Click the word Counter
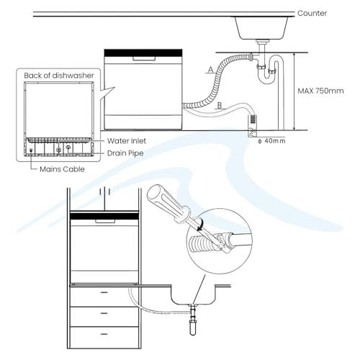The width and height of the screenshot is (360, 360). pyautogui.click(x=312, y=13)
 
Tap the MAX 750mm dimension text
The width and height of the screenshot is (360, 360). pyautogui.click(x=320, y=91)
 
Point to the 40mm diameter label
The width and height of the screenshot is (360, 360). pyautogui.click(x=271, y=141)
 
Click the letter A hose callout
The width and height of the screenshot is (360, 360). pyautogui.click(x=210, y=70)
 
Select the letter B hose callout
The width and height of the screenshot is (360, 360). pyautogui.click(x=220, y=105)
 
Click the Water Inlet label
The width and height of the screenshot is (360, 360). pyautogui.click(x=127, y=141)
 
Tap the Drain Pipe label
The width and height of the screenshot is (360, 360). pyautogui.click(x=125, y=153)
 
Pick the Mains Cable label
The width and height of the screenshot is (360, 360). pyautogui.click(x=62, y=169)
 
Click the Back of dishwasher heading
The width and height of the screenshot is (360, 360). pyautogui.click(x=59, y=76)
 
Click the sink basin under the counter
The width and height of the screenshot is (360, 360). pyautogui.click(x=261, y=28)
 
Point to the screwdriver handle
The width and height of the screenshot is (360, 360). pyautogui.click(x=168, y=203)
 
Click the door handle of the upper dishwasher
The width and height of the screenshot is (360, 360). pyautogui.click(x=144, y=58)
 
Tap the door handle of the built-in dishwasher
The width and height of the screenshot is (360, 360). pyautogui.click(x=104, y=221)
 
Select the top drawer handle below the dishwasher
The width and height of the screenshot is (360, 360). pyautogui.click(x=104, y=292)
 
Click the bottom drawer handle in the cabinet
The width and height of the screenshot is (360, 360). pyautogui.click(x=104, y=334)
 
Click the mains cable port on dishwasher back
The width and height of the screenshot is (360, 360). pyautogui.click(x=31, y=150)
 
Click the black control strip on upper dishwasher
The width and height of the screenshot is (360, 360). pyautogui.click(x=143, y=53)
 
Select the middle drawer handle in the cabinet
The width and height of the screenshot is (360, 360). pyautogui.click(x=104, y=313)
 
